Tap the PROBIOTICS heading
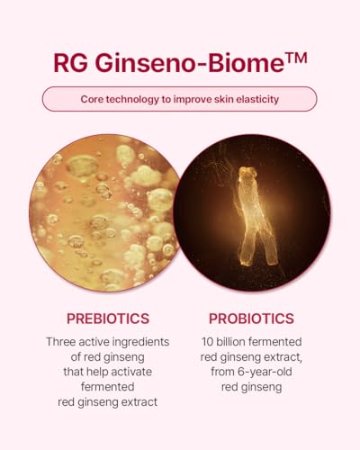[x=251, y=319]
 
